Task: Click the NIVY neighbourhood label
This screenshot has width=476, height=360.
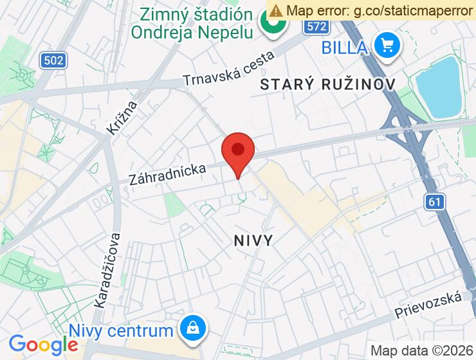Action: pos(252,240)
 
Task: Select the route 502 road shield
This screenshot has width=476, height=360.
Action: pos(53,60)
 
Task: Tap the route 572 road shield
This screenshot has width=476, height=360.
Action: pos(316,27)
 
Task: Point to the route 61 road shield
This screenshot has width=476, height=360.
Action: pos(435,202)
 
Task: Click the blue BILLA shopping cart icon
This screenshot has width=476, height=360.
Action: pos(388,46)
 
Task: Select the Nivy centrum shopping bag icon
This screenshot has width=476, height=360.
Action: pos(192,329)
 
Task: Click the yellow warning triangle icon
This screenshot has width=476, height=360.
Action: pos(276,10)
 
